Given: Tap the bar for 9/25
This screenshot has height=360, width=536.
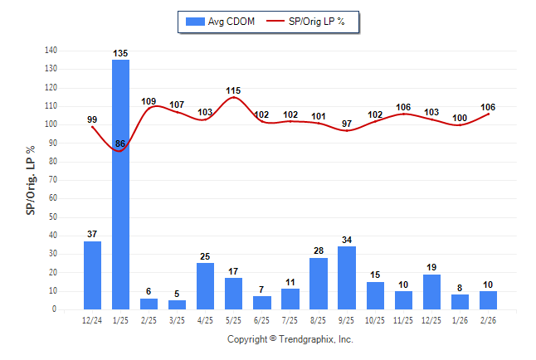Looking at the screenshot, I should pos(347,278).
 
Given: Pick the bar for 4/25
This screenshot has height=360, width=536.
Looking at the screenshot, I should pos(205,286).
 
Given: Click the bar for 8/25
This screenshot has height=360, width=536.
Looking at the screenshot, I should pos(319,284).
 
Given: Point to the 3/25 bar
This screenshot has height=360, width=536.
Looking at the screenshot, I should pos(177,304).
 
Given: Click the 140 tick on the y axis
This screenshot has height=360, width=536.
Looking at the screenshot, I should pos(51,51).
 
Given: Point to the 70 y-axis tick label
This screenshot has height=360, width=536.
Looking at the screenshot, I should pos(53,180).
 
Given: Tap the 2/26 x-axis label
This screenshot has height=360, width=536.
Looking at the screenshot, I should pos(488,320).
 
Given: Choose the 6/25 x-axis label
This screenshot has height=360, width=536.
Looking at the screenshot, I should pos(262,320).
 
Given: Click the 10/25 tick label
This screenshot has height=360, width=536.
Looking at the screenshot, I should pos(375,320).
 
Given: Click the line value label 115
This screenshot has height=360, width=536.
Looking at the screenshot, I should pos(233,90).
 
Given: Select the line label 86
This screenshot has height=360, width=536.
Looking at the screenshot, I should pos(120,144).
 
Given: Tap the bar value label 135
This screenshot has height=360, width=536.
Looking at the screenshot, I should pos(120,54).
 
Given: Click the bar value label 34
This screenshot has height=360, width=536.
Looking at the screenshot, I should pos(347,241).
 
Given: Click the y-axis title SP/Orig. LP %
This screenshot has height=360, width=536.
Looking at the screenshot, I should pos(31,180).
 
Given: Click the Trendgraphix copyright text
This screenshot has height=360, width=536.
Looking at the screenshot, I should pos(290,339).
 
